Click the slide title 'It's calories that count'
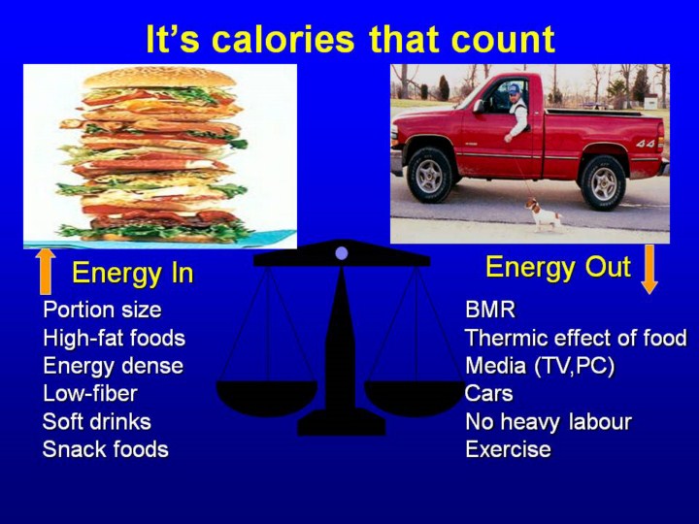coord(350,39)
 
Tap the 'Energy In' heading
coord(132,273)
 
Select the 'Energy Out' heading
coord(557,267)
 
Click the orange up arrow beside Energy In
coord(46,272)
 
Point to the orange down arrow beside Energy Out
coord(649,269)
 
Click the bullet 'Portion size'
coord(102,310)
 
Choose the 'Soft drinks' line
coord(97,421)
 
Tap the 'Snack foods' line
coord(106,449)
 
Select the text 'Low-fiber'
coord(90,393)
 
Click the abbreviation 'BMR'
coord(490,310)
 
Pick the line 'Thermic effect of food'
coord(576,338)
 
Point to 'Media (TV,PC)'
coord(540,366)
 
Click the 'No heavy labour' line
coord(549,421)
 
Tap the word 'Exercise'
coord(508,449)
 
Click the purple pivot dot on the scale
coord(342,253)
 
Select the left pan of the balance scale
coord(267,397)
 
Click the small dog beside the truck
coord(544,214)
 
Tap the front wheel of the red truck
coord(429,176)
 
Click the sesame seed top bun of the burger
coord(159,78)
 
